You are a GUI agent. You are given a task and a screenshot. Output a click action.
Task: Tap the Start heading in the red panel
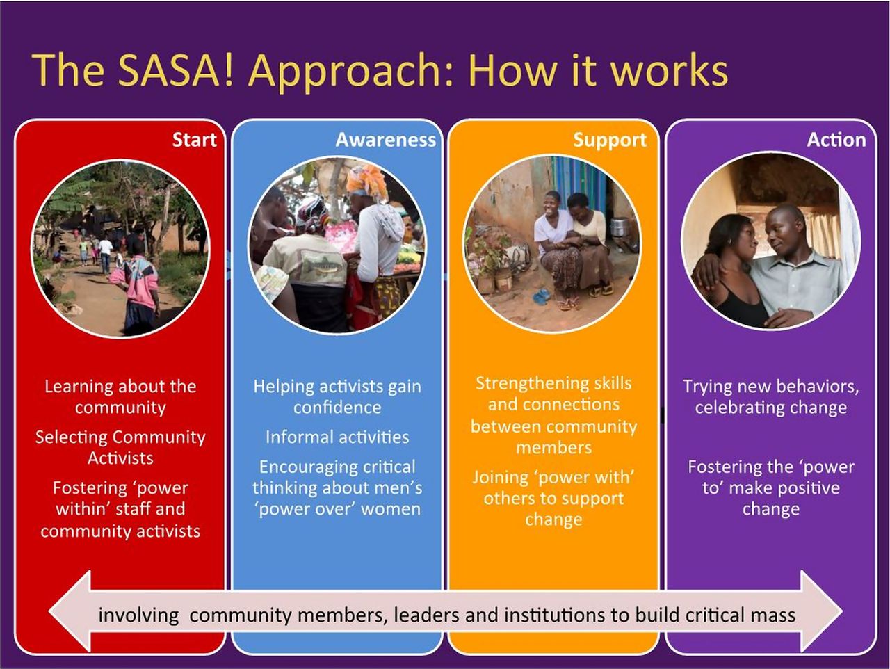[194, 140]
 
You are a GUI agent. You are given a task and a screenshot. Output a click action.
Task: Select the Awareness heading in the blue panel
[386, 140]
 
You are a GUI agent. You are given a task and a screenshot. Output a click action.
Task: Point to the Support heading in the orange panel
[610, 140]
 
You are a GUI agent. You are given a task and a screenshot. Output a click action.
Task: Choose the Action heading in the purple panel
[836, 140]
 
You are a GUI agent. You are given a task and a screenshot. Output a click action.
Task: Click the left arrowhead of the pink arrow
[70, 611]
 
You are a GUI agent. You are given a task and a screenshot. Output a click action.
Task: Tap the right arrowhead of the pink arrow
[821, 611]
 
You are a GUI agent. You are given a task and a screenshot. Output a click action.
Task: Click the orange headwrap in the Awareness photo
[366, 182]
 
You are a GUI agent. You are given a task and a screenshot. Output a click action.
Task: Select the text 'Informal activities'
[337, 437]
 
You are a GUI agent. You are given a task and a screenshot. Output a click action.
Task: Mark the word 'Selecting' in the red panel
[71, 438]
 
